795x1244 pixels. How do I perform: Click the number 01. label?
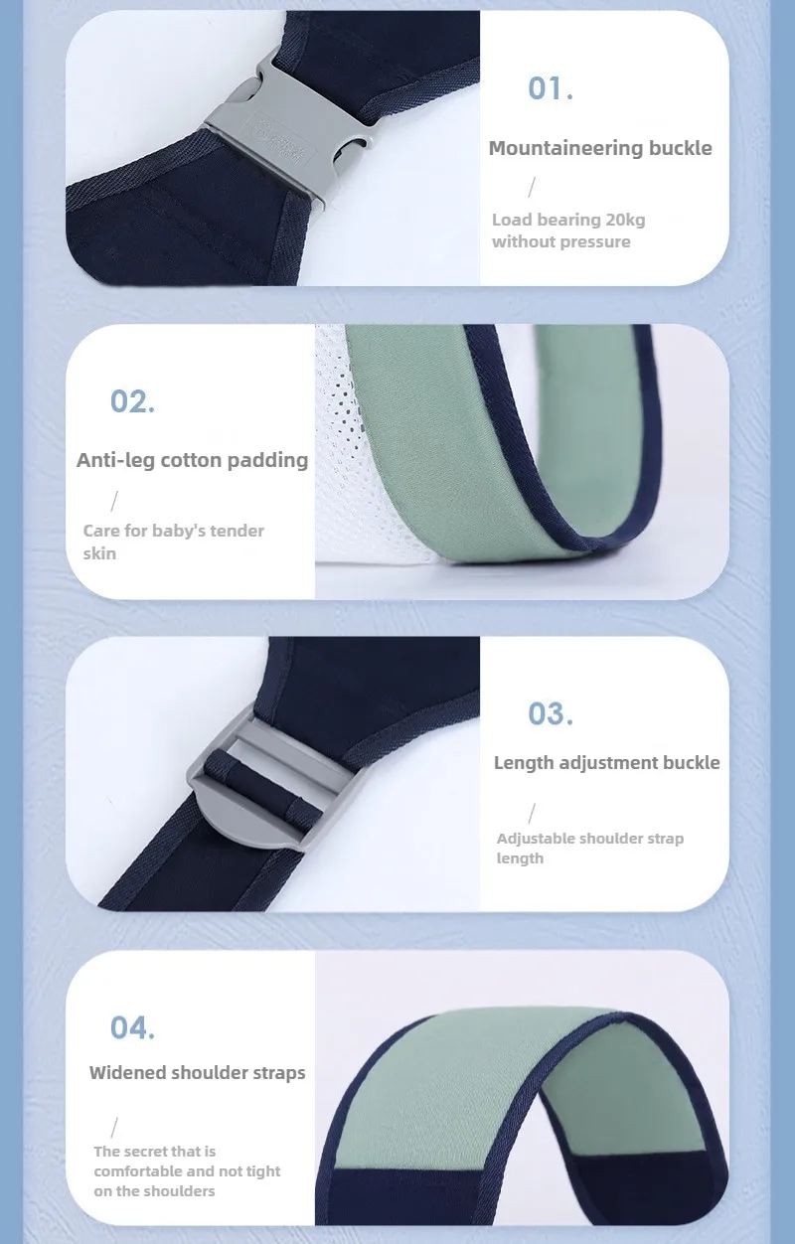point(550,88)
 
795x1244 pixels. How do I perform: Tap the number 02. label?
point(132,401)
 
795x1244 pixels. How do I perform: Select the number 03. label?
point(550,713)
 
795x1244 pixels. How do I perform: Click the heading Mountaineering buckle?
point(600,148)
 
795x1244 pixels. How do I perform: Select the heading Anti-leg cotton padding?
point(192,460)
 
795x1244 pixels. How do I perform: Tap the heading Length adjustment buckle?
point(606,762)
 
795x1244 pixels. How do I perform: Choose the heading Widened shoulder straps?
point(197,1072)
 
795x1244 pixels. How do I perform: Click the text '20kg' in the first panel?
point(625,220)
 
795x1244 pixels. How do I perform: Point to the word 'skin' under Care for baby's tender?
point(99,553)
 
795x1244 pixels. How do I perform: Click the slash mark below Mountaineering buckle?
point(532,187)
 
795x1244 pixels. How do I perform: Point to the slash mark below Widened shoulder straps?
point(114,1128)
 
